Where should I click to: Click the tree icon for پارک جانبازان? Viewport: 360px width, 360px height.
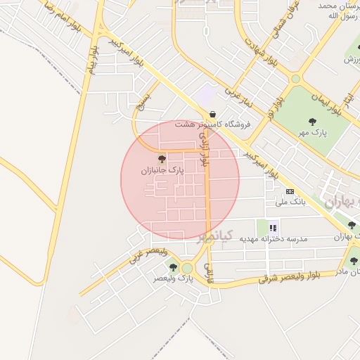pos(162,160)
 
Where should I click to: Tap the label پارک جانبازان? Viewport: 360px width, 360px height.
pos(162,170)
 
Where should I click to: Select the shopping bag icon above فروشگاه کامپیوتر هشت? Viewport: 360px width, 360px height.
pos(212,115)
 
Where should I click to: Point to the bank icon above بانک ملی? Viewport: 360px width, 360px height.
pos(289,192)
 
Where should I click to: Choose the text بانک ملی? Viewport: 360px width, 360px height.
pos(290,202)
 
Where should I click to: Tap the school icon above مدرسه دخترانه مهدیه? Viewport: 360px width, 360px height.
pos(273,228)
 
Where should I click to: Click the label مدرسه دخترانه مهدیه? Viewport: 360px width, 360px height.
pos(274,239)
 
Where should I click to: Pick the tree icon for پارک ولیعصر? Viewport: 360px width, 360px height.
pos(173,267)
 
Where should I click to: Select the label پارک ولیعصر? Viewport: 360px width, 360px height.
pos(174,278)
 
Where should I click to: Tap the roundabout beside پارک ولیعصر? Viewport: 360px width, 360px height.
pos(188,268)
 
